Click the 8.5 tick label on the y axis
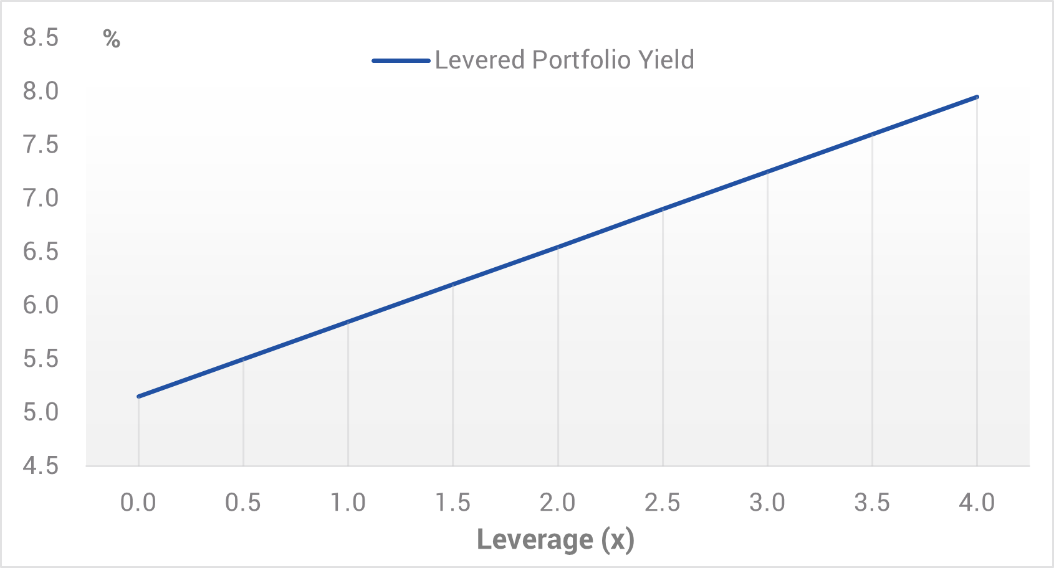(41, 38)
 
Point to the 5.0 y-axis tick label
(41, 412)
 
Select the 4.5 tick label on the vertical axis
(41, 466)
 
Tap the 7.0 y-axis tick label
(41, 199)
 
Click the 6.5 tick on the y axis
(41, 252)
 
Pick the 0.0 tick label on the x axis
(138, 502)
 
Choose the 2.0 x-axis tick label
(557, 502)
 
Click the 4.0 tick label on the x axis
(977, 502)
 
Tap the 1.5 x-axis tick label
(453, 502)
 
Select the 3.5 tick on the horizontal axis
(872, 502)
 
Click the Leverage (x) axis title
(555, 539)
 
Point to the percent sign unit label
(112, 39)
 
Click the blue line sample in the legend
(401, 60)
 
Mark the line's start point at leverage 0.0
(138, 396)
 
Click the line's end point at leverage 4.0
(977, 97)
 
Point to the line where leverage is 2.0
(558, 247)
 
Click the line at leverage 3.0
(767, 172)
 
